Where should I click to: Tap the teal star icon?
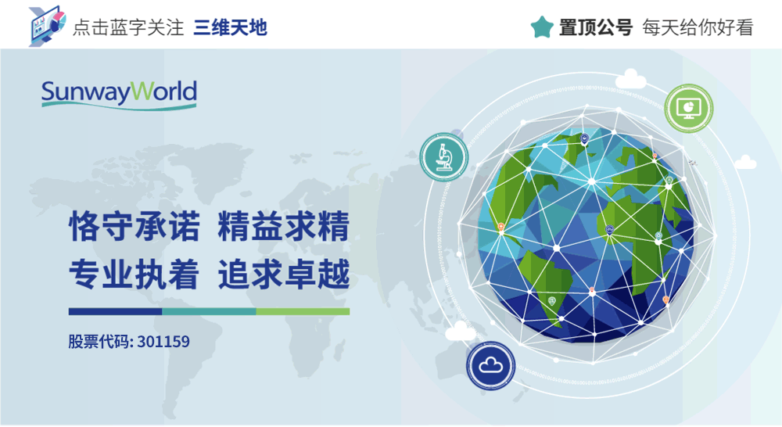pyautogui.click(x=542, y=27)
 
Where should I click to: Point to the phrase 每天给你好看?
pyautogui.click(x=698, y=28)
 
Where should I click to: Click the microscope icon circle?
pyautogui.click(x=443, y=155)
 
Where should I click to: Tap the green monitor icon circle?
pyautogui.click(x=689, y=108)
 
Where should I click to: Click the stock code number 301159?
pyautogui.click(x=163, y=342)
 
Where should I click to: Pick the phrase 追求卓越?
pyautogui.click(x=283, y=274)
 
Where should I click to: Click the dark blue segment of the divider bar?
pyautogui.click(x=115, y=311)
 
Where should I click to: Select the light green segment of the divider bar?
pyautogui.click(x=303, y=311)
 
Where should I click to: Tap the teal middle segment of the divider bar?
pyautogui.click(x=209, y=311)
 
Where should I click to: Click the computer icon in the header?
pyautogui.click(x=45, y=26)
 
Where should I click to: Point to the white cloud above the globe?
pyautogui.click(x=632, y=79)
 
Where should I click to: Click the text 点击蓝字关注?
pyautogui.click(x=127, y=28)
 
